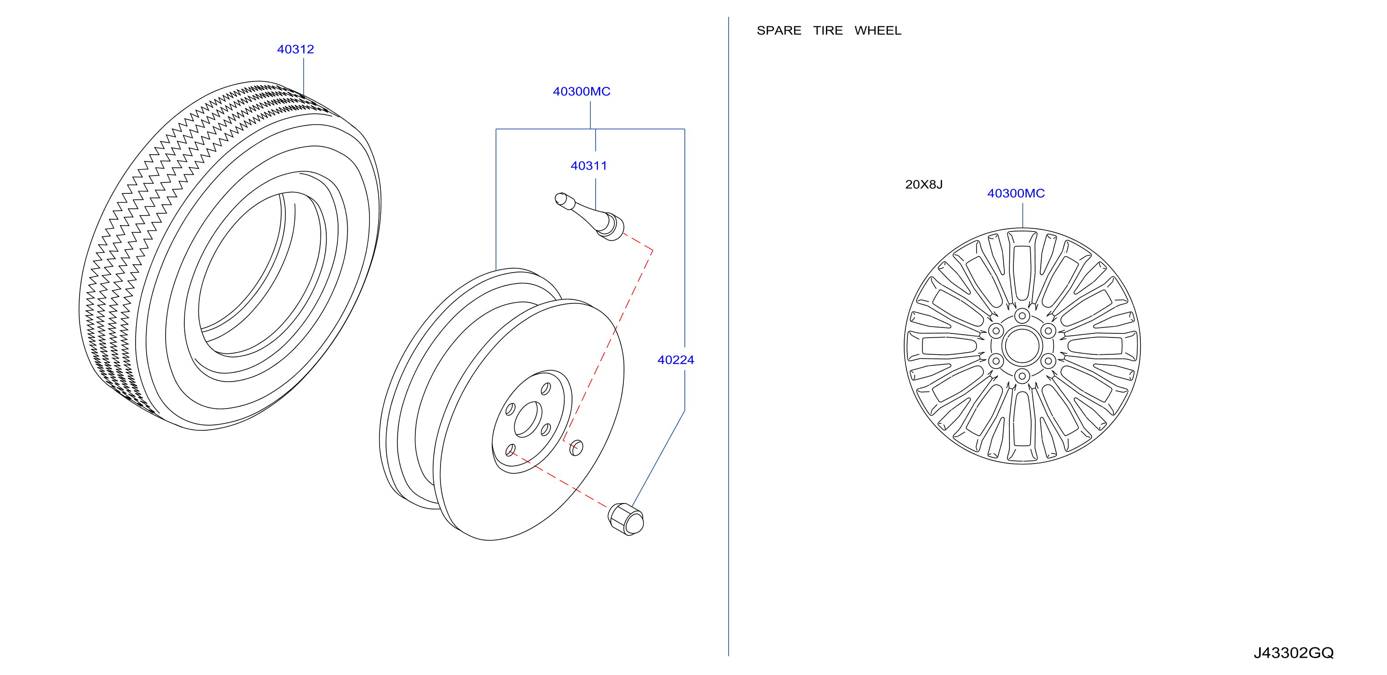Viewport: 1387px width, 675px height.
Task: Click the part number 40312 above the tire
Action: pyautogui.click(x=296, y=50)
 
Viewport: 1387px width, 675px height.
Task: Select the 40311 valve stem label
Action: pyautogui.click(x=588, y=166)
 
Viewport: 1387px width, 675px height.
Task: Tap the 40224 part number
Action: pyautogui.click(x=676, y=360)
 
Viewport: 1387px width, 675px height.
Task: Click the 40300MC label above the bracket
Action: pyautogui.click(x=582, y=91)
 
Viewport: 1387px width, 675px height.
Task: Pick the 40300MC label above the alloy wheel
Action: pyautogui.click(x=1016, y=193)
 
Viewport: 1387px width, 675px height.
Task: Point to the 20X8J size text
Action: pyautogui.click(x=924, y=185)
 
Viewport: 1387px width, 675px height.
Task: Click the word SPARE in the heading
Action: pyautogui.click(x=779, y=30)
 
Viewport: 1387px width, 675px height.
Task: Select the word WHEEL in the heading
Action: pyautogui.click(x=878, y=30)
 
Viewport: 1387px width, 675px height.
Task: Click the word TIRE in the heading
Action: pyautogui.click(x=828, y=30)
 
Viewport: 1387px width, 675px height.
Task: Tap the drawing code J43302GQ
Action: pyautogui.click(x=1293, y=653)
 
